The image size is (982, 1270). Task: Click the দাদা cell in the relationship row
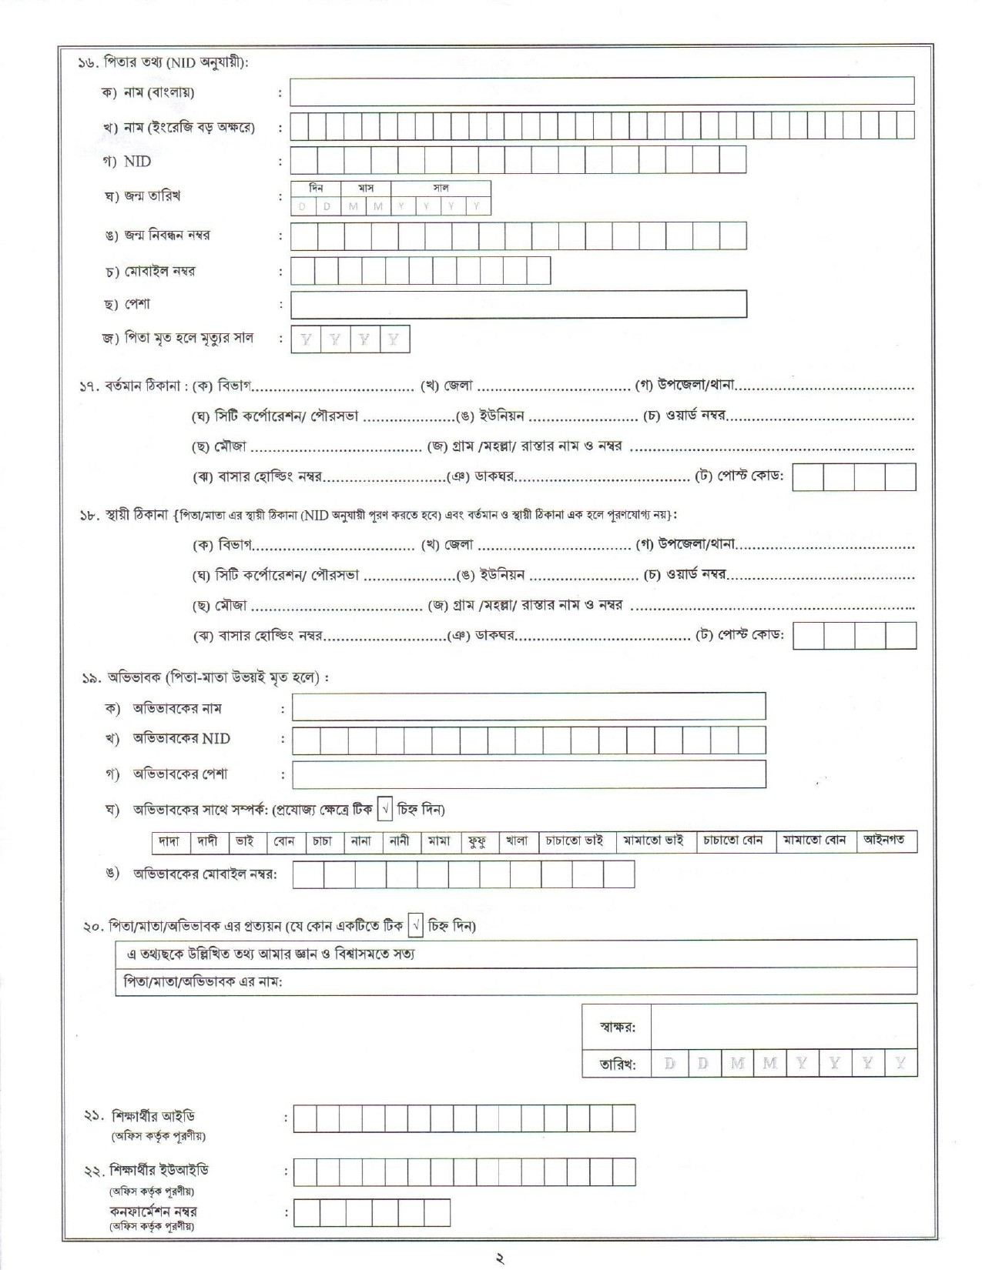point(169,841)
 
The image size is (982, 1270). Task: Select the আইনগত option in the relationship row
point(883,841)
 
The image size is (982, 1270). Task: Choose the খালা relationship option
point(517,841)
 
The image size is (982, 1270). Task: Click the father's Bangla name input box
point(602,91)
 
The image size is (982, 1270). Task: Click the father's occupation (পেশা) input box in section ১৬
point(518,304)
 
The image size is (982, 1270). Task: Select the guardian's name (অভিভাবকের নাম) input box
point(528,707)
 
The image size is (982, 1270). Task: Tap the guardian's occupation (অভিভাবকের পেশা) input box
point(528,774)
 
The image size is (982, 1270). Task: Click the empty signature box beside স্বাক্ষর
point(783,1027)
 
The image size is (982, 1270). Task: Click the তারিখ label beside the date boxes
point(618,1064)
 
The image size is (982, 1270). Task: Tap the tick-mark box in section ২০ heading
point(416,925)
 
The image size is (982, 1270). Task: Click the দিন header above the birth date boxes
point(316,188)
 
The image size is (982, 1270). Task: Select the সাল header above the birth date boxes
point(441,188)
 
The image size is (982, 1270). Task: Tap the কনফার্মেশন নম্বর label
point(152,1212)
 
